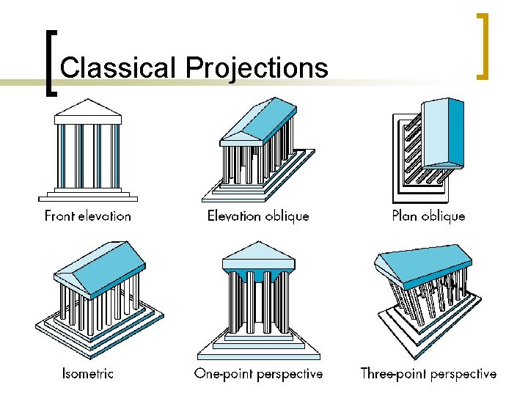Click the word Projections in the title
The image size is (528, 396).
pos(257,67)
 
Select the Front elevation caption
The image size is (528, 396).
pos(88,216)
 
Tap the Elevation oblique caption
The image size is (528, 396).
pos(258,216)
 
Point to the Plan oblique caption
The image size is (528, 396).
pos(428,216)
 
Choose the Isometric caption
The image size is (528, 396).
pos(88,373)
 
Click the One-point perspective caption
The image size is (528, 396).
pos(258,373)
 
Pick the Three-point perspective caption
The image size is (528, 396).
pos(428,373)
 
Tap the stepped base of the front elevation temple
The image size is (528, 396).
pos(88,196)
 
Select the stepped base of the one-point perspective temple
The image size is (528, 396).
pos(258,345)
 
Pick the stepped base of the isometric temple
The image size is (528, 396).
pos(95,330)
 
